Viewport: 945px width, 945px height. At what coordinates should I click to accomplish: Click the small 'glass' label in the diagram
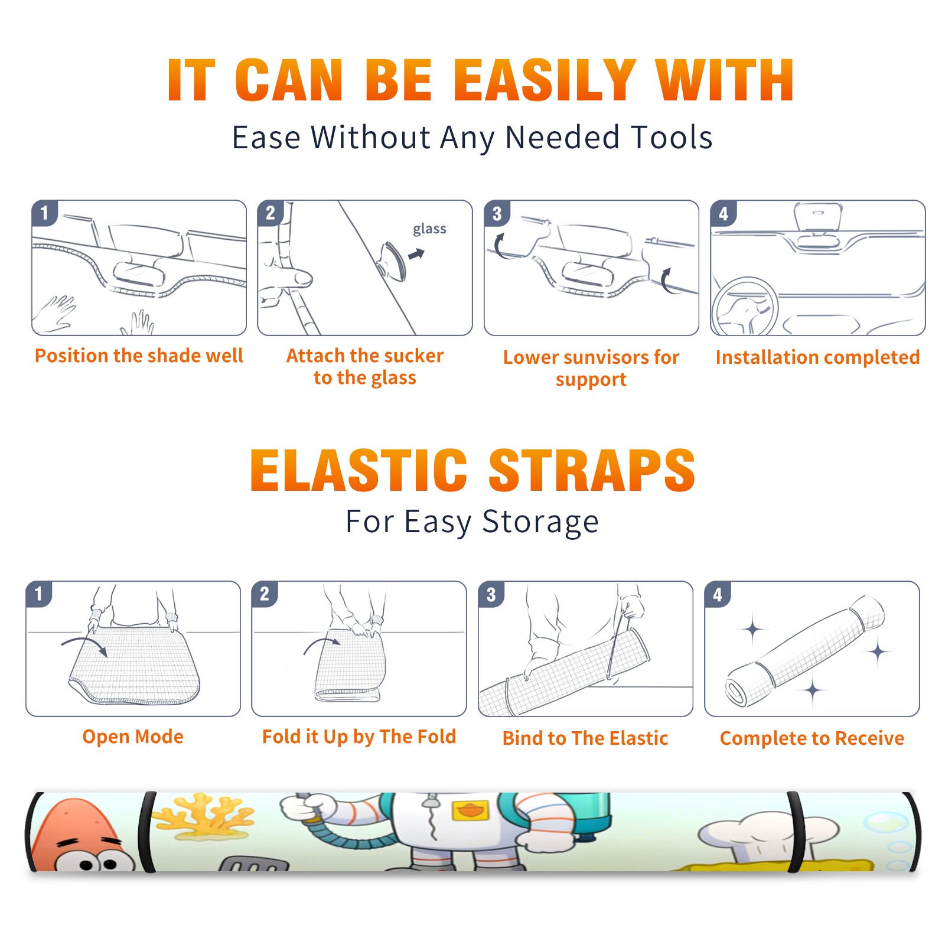click(x=429, y=229)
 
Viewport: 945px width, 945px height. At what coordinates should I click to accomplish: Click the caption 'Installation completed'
click(x=817, y=357)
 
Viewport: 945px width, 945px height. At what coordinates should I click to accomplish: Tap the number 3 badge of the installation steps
click(x=497, y=214)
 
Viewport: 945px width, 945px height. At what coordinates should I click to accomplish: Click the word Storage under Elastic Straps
click(x=540, y=522)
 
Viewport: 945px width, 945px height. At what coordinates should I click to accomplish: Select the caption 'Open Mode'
click(x=133, y=737)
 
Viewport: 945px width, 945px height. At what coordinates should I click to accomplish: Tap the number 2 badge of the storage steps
click(x=265, y=594)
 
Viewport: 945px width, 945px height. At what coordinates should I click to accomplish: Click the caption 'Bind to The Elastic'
click(x=585, y=738)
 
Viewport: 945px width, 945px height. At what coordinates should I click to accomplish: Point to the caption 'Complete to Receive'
click(x=812, y=739)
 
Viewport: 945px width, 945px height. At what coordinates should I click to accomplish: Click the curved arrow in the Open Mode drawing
click(x=83, y=641)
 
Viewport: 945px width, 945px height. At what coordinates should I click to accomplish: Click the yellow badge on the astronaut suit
click(x=471, y=810)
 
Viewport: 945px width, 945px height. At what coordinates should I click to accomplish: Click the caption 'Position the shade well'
click(x=139, y=356)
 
